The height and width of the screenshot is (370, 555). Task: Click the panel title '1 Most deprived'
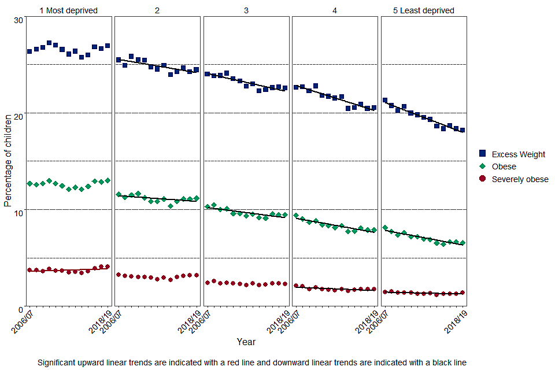68,10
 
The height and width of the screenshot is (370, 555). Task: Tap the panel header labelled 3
246,10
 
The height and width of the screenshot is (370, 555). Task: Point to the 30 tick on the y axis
18,20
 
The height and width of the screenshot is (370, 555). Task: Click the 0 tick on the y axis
20,309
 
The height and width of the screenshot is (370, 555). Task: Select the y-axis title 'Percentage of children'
8,161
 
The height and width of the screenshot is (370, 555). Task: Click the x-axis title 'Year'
246,342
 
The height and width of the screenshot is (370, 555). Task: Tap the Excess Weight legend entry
518,154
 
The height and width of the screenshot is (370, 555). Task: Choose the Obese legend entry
504,166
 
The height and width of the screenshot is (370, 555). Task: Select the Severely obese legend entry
520,179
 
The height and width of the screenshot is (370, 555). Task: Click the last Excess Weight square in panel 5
462,130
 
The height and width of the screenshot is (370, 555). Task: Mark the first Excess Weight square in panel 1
29,51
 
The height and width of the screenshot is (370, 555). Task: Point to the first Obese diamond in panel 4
296,216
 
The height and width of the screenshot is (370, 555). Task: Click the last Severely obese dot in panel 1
108,267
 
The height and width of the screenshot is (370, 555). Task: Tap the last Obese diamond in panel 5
462,243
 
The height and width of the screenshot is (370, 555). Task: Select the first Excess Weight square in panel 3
207,74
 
